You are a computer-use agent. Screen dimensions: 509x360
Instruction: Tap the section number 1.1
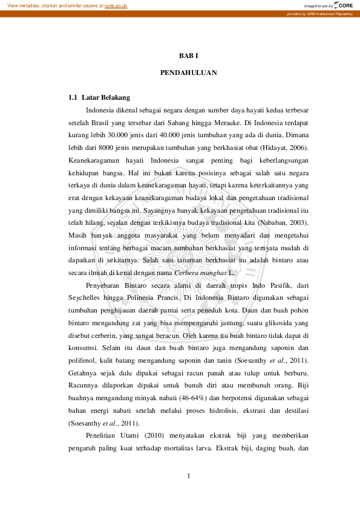point(73,97)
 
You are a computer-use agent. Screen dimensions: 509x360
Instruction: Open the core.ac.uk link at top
point(116,5)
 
